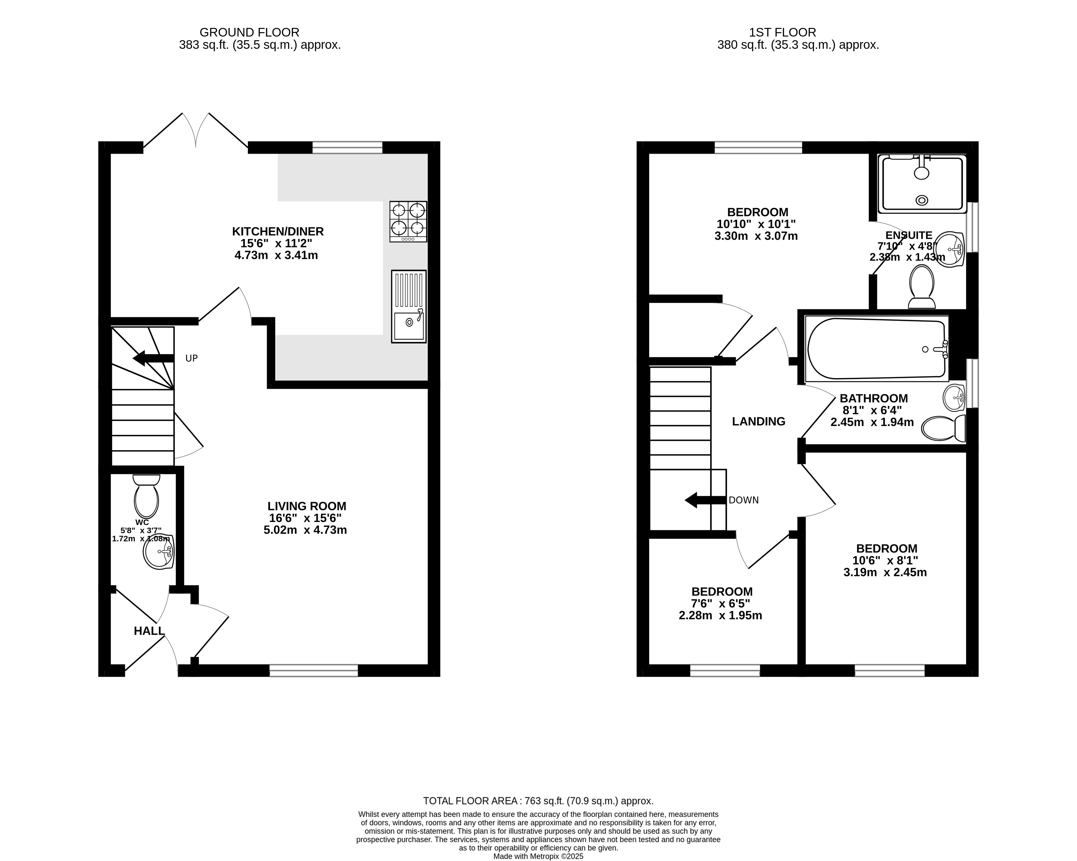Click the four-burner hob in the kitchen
(408, 222)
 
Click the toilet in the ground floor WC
(146, 496)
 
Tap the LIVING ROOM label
(307, 506)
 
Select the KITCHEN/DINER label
(278, 231)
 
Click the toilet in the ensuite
(922, 287)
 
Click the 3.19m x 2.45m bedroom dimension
(885, 572)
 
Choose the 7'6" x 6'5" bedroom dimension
(720, 603)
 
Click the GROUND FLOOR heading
(249, 33)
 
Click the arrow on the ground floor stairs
(153, 358)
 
